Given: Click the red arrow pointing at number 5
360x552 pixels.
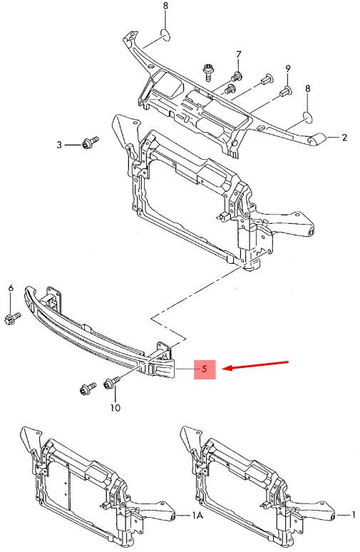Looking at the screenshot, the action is tap(256, 365).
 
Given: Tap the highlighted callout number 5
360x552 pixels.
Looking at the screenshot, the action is tap(205, 369).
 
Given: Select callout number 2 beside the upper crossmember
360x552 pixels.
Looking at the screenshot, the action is tap(344, 138).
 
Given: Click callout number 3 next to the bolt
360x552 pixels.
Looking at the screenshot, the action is tap(59, 145).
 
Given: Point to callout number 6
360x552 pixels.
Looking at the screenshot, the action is tap(11, 288).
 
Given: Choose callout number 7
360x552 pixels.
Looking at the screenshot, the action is tap(239, 55).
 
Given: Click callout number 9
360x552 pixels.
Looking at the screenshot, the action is tap(288, 69).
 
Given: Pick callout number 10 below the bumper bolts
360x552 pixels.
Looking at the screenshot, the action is tap(115, 408).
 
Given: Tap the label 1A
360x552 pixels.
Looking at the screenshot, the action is tap(197, 516).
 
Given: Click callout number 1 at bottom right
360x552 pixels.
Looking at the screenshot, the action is tap(353, 515).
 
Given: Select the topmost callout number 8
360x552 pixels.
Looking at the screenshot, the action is tap(166, 6).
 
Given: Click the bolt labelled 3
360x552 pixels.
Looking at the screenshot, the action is tap(90, 142).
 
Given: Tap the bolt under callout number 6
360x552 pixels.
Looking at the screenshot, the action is tap(12, 318).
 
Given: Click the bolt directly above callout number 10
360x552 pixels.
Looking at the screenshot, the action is tap(112, 382).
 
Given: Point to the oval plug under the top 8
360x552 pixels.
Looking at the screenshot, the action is tap(166, 34).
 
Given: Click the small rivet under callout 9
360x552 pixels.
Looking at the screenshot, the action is tap(285, 92).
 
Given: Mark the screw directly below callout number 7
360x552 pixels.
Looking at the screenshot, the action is tap(237, 76).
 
